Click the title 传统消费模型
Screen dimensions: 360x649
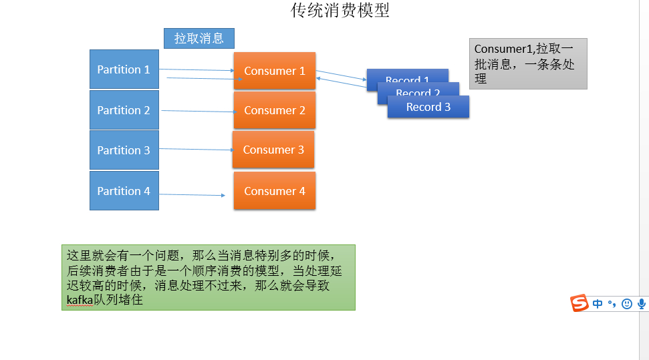[x=340, y=11]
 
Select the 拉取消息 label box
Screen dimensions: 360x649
[x=199, y=38]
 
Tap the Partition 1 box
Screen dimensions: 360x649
[x=124, y=69]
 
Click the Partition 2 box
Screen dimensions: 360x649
[x=124, y=110]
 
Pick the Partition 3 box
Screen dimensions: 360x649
[x=124, y=150]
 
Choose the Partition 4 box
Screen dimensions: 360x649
[x=124, y=191]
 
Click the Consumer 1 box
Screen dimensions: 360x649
[x=274, y=71]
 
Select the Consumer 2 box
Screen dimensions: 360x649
[x=274, y=110]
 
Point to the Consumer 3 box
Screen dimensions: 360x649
[x=273, y=150]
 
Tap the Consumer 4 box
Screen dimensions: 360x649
[x=274, y=191]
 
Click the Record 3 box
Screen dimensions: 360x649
[x=428, y=108]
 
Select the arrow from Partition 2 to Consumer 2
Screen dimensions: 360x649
[x=197, y=111]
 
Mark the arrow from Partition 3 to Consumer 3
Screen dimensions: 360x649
[x=197, y=150]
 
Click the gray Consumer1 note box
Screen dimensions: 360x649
[x=528, y=64]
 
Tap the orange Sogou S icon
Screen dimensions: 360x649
[x=579, y=303]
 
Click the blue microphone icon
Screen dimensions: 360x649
[x=642, y=304]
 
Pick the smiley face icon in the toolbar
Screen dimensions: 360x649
[x=626, y=304]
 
